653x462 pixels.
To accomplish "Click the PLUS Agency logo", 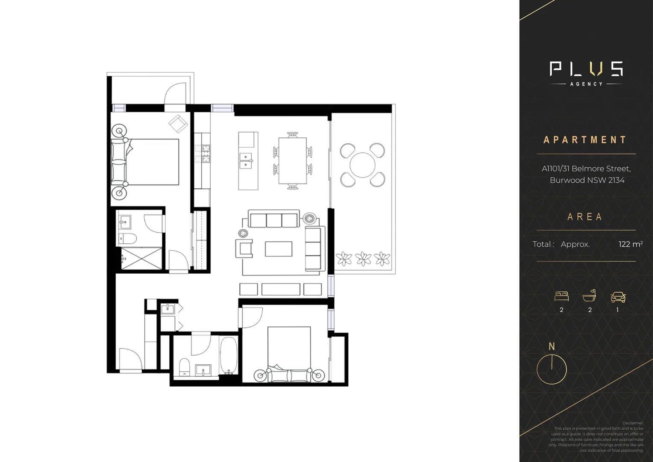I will tap(586, 73).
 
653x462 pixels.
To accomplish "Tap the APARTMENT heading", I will tap(585, 140).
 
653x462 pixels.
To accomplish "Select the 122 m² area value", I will tap(630, 244).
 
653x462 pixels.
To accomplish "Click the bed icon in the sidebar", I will tap(561, 296).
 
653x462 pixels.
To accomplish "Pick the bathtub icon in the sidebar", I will tap(589, 296).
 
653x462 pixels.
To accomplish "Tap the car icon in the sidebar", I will tap(618, 296).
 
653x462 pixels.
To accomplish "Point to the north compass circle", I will tap(552, 369).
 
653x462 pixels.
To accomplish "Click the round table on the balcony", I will tap(362, 165).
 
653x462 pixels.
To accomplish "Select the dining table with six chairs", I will tap(292, 160).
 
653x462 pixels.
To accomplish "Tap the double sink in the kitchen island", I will tap(245, 161).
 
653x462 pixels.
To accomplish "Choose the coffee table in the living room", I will tap(279, 249).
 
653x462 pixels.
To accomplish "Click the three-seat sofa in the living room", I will tap(274, 220).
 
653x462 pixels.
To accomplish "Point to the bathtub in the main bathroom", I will tap(229, 355).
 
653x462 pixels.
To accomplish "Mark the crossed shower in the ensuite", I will tap(141, 258).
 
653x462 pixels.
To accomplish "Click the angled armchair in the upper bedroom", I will tap(178, 124).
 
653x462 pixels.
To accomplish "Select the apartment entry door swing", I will tap(129, 359).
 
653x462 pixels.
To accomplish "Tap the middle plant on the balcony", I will tap(363, 258).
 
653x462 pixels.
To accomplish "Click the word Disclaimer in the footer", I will tap(632, 423).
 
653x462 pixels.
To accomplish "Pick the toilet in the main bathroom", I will tap(184, 367).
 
